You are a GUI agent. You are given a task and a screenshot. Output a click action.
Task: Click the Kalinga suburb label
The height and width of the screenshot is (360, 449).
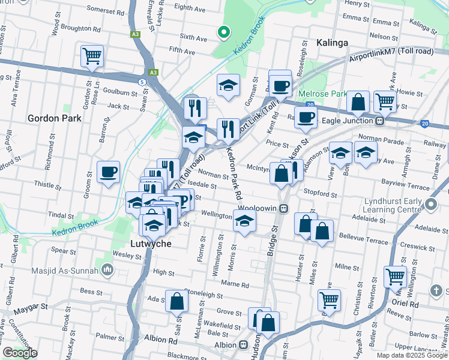pos(331,43)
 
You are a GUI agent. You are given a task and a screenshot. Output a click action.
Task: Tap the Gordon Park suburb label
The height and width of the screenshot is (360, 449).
pos(55,118)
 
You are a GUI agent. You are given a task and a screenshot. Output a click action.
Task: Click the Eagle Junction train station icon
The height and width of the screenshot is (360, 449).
pos(379,121)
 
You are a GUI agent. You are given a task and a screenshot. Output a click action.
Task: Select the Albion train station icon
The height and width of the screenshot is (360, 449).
pos(244,345)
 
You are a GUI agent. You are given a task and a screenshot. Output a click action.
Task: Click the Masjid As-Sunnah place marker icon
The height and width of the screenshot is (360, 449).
pos(107,270)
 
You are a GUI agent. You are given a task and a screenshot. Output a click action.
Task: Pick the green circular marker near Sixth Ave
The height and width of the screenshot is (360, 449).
pos(223,32)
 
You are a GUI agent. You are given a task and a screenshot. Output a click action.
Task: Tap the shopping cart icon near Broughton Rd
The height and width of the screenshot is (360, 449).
pos(92,56)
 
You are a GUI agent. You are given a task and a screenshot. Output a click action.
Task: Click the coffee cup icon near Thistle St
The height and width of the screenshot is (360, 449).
pos(109,172)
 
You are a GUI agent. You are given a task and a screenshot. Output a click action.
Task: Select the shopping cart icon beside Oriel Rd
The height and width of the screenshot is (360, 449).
pos(395,277)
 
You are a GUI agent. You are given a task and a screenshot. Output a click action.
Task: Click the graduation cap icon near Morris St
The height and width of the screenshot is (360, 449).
pos(244,221)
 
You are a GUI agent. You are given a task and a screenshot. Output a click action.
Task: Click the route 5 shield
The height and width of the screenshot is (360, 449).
pos(141,81)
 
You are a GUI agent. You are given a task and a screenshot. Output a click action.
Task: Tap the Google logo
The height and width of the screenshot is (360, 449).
pos(20,353)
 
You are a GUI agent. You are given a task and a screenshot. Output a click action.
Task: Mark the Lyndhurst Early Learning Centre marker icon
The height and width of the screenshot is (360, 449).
pos(430,205)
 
